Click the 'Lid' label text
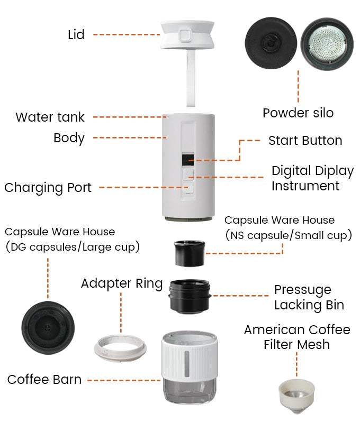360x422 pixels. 76,35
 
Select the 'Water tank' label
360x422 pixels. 50,117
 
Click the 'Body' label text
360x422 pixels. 69,138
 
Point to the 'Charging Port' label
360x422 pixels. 48,187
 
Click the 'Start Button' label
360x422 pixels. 305,141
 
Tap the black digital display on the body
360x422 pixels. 186,159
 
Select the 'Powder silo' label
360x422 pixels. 298,113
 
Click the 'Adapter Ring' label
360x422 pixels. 121,283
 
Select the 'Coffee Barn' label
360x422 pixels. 44,379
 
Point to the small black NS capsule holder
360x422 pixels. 189,253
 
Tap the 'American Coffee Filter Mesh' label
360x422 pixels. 297,337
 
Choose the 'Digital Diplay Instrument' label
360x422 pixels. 312,178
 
